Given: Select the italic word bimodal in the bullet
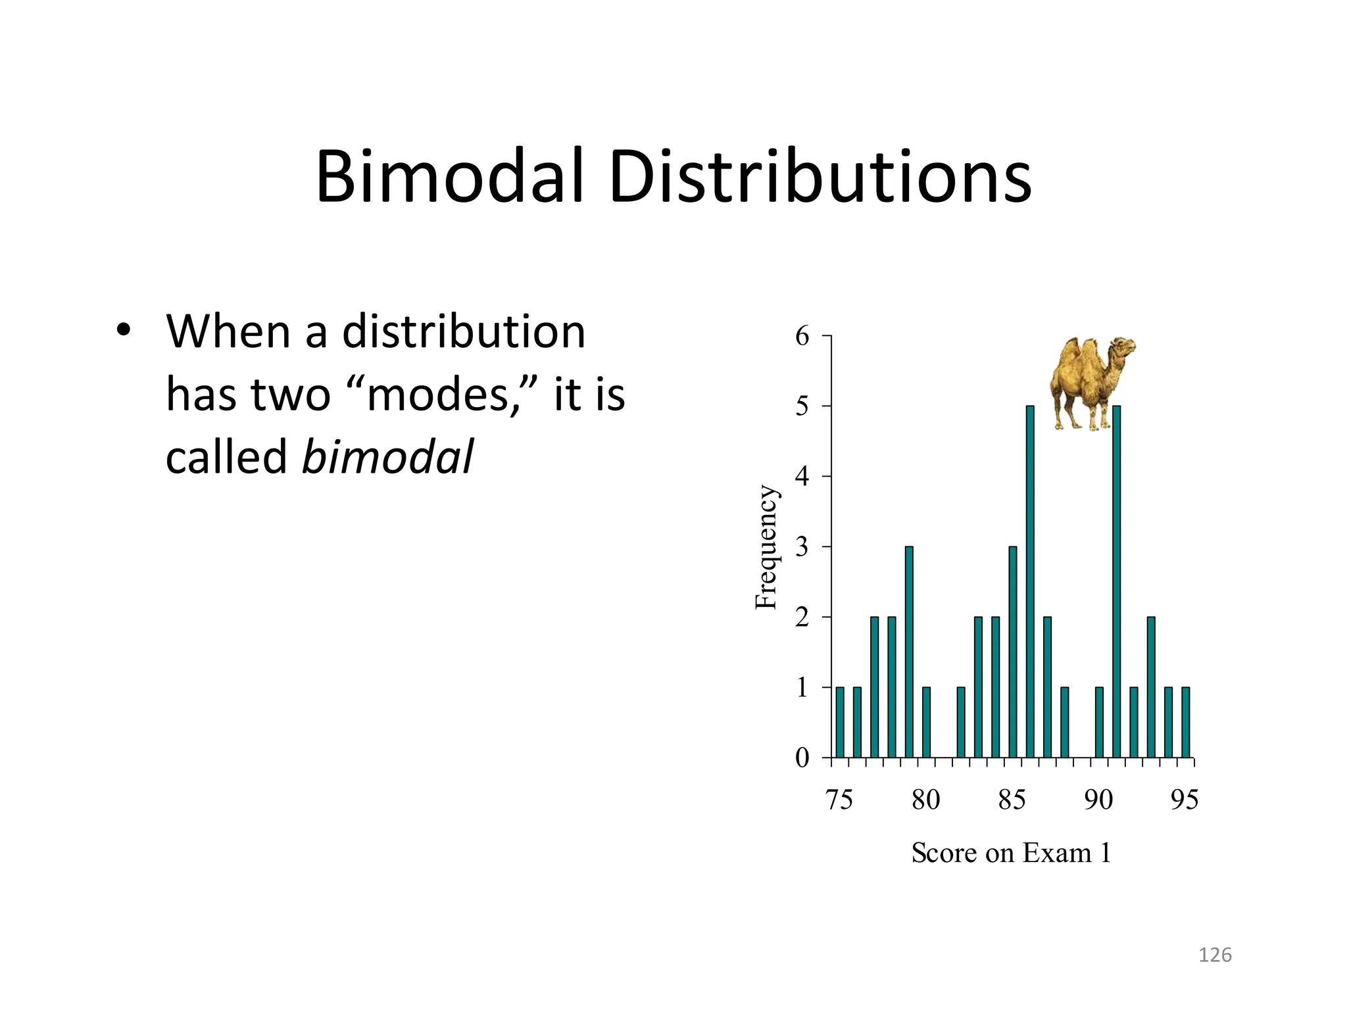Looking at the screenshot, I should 387,456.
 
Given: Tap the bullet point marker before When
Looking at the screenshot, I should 123,331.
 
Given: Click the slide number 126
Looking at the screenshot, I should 1214,955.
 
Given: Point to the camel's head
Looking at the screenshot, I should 1121,349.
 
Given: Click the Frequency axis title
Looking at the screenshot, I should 766,547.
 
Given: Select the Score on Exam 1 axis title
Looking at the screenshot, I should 1011,854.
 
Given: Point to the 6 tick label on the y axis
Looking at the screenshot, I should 802,337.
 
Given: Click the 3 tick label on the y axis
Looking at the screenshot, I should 802,547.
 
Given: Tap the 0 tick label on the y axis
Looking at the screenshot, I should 802,758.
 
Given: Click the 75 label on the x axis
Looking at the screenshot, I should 839,800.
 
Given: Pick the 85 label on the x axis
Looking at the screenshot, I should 1012,800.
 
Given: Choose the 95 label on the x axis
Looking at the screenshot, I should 1185,800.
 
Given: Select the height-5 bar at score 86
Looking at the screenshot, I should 1030,582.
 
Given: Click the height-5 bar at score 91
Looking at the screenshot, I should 1116,582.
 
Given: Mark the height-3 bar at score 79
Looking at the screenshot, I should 909,651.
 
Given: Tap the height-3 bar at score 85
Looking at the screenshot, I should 1013,651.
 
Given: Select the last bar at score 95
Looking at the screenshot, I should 1185,722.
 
